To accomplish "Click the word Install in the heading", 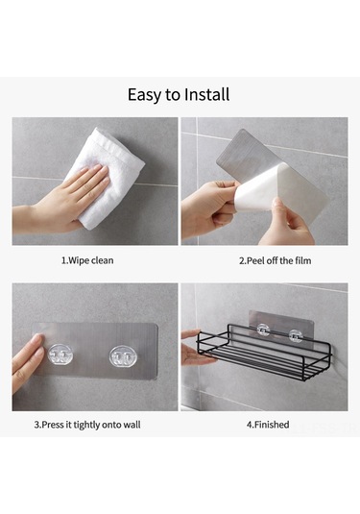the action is [x=206, y=94].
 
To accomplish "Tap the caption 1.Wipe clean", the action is [x=87, y=260].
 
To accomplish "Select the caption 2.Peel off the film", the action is [x=275, y=261].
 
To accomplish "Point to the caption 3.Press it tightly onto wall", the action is [x=87, y=425].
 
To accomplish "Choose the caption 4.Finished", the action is [x=268, y=425].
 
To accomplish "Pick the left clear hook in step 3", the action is [x=60, y=355].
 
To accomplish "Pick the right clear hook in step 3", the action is [x=122, y=356].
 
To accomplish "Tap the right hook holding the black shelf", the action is [x=295, y=336].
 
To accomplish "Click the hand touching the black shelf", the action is [x=196, y=349].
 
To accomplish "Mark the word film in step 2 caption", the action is [x=303, y=261].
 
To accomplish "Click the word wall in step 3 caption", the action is [x=132, y=425].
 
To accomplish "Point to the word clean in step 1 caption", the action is [x=102, y=260].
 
